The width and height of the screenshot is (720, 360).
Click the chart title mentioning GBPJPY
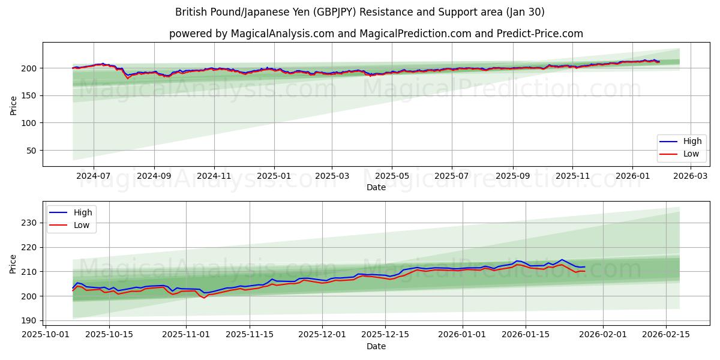point(360,12)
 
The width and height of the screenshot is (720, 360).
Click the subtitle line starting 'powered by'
point(376,34)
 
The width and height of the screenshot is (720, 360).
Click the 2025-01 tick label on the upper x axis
point(274,176)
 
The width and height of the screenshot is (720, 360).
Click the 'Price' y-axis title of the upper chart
point(13,106)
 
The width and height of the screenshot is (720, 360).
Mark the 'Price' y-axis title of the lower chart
point(13,263)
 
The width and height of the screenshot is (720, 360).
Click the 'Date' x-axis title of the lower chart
point(376,346)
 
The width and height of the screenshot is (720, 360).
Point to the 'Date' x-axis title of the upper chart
point(376,187)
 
